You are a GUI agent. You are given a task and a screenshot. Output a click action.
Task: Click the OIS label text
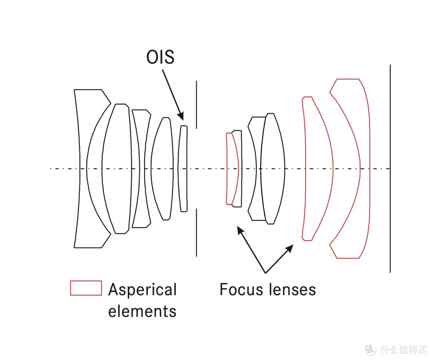click(160, 57)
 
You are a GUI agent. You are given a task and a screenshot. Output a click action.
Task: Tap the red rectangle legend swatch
click(86, 288)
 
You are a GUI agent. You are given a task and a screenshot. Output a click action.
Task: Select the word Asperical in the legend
click(142, 290)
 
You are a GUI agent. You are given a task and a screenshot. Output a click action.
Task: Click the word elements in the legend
click(142, 311)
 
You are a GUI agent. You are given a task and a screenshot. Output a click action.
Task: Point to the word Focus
click(242, 289)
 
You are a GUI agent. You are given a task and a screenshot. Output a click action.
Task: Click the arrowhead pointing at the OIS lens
click(182, 116)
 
